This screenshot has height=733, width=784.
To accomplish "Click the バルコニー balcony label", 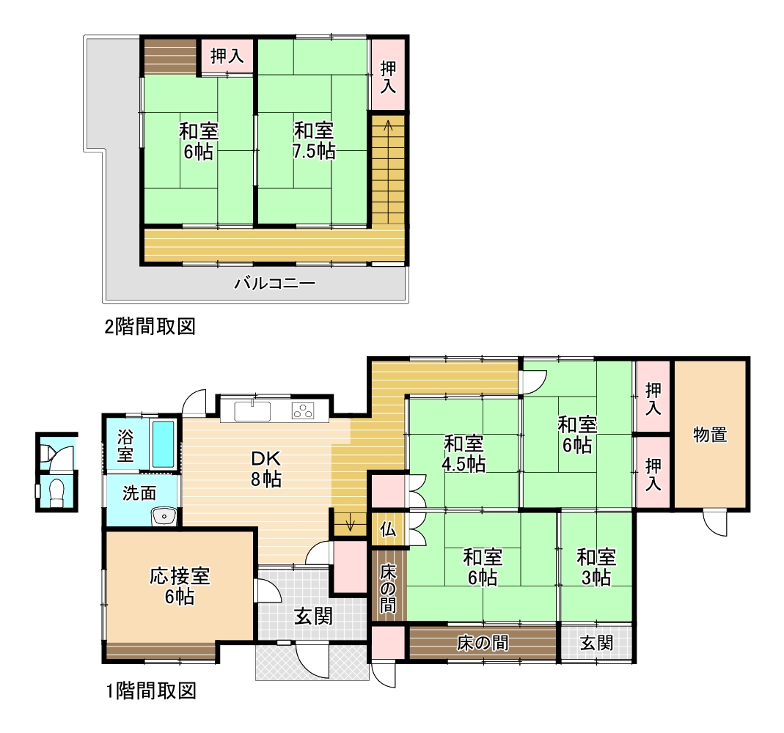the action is (275, 284).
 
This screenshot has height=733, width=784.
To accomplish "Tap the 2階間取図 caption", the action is (150, 327).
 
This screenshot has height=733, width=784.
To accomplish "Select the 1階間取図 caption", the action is (150, 691).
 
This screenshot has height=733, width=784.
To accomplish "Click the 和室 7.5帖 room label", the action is (313, 141).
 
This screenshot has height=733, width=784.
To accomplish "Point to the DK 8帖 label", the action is (266, 468).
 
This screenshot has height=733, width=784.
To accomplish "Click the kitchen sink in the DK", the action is (252, 411).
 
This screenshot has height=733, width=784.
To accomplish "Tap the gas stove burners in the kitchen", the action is (303, 410).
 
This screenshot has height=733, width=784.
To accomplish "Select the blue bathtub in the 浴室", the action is (164, 444).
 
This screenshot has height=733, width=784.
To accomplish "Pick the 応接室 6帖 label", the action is (180, 586).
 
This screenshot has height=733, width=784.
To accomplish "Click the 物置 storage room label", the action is (710, 435).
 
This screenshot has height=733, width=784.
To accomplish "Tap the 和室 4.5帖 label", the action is (463, 454).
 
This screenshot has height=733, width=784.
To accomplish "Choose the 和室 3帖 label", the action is (596, 567).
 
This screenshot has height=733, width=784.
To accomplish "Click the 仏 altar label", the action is (388, 528).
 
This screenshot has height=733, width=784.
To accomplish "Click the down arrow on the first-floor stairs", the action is (350, 522).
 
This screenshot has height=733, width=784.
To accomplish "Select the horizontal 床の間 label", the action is (483, 643).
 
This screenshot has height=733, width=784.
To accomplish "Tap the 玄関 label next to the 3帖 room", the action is (596, 643).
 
